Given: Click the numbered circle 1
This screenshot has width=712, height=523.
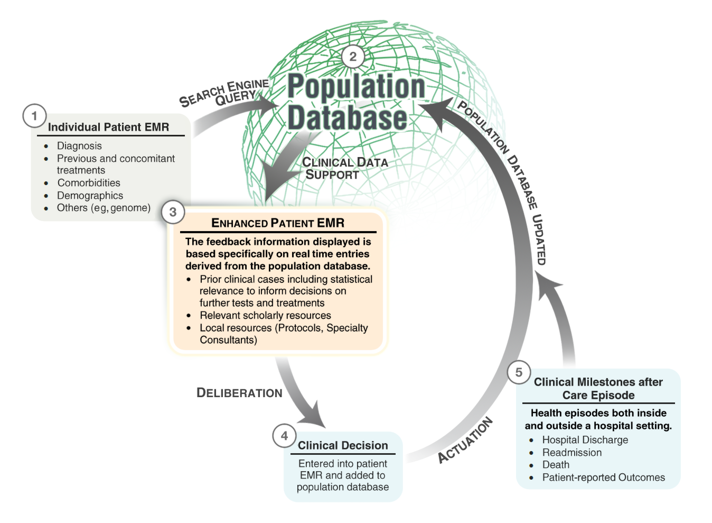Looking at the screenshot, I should click(x=34, y=116).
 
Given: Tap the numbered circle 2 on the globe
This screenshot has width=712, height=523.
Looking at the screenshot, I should click(x=353, y=57).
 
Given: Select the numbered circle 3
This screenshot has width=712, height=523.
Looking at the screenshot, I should click(x=173, y=213).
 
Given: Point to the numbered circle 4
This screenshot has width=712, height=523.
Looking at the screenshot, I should click(x=284, y=436).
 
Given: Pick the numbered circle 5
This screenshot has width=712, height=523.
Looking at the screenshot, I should click(x=519, y=372).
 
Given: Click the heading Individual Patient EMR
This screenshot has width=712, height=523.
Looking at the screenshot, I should click(x=108, y=127).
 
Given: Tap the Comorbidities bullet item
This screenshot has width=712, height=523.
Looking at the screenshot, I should click(x=89, y=183).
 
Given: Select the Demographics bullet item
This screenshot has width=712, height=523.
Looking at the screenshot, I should click(x=90, y=196).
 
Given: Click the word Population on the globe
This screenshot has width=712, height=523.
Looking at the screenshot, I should click(x=356, y=87).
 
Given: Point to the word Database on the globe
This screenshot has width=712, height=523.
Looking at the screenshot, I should click(x=348, y=118).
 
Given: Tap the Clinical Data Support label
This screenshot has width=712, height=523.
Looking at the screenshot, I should click(x=344, y=168).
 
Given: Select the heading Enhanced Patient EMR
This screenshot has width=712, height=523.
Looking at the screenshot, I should click(x=278, y=223).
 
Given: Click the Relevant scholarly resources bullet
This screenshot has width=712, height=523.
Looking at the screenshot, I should click(x=265, y=316).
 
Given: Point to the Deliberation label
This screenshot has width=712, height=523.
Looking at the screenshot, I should click(x=239, y=393).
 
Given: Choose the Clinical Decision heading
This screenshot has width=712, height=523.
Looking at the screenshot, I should click(x=343, y=446).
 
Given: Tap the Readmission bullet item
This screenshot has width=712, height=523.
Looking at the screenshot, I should click(x=572, y=453).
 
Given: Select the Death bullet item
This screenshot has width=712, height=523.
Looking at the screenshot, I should click(x=556, y=465).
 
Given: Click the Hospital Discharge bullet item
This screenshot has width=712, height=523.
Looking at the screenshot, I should click(x=585, y=440).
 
